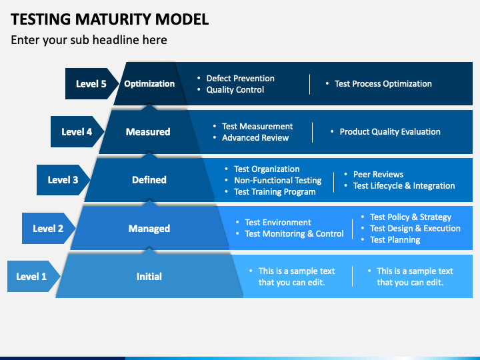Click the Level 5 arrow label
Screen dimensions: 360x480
(91, 84)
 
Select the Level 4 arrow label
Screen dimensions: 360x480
(77, 132)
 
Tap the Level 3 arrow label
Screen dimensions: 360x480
(63, 180)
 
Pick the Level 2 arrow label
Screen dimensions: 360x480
(48, 229)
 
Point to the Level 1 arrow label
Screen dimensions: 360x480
(32, 277)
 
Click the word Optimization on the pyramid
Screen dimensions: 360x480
(149, 84)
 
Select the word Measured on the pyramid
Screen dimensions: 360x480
(148, 132)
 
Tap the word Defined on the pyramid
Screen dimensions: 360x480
(149, 180)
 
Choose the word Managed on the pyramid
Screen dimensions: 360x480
(149, 229)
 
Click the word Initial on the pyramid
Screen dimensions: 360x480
(149, 277)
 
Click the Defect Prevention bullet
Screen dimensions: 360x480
(240, 79)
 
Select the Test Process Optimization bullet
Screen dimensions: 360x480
(383, 84)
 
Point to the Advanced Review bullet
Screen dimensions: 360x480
(255, 138)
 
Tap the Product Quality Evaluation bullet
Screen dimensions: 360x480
(389, 132)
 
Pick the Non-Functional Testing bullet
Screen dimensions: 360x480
(277, 181)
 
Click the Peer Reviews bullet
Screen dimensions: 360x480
(378, 175)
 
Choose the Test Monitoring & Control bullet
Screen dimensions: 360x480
(294, 234)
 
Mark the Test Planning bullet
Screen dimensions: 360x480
(395, 240)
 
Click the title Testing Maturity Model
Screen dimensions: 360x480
(110, 19)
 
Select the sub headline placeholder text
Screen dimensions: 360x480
(89, 40)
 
